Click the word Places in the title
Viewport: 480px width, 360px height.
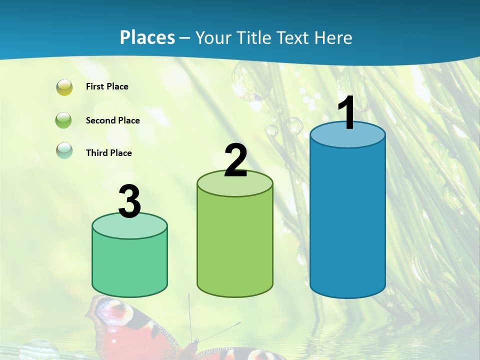point(147,37)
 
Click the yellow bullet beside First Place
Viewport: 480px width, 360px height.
point(64,87)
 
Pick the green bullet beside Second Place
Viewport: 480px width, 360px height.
point(64,120)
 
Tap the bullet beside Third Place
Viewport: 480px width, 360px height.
point(64,150)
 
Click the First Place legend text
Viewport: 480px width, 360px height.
point(107,86)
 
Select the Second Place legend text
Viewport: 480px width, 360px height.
point(112,120)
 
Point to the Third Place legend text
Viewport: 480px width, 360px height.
point(108,153)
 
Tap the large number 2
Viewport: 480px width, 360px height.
point(236,160)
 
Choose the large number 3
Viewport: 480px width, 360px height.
point(129,201)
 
